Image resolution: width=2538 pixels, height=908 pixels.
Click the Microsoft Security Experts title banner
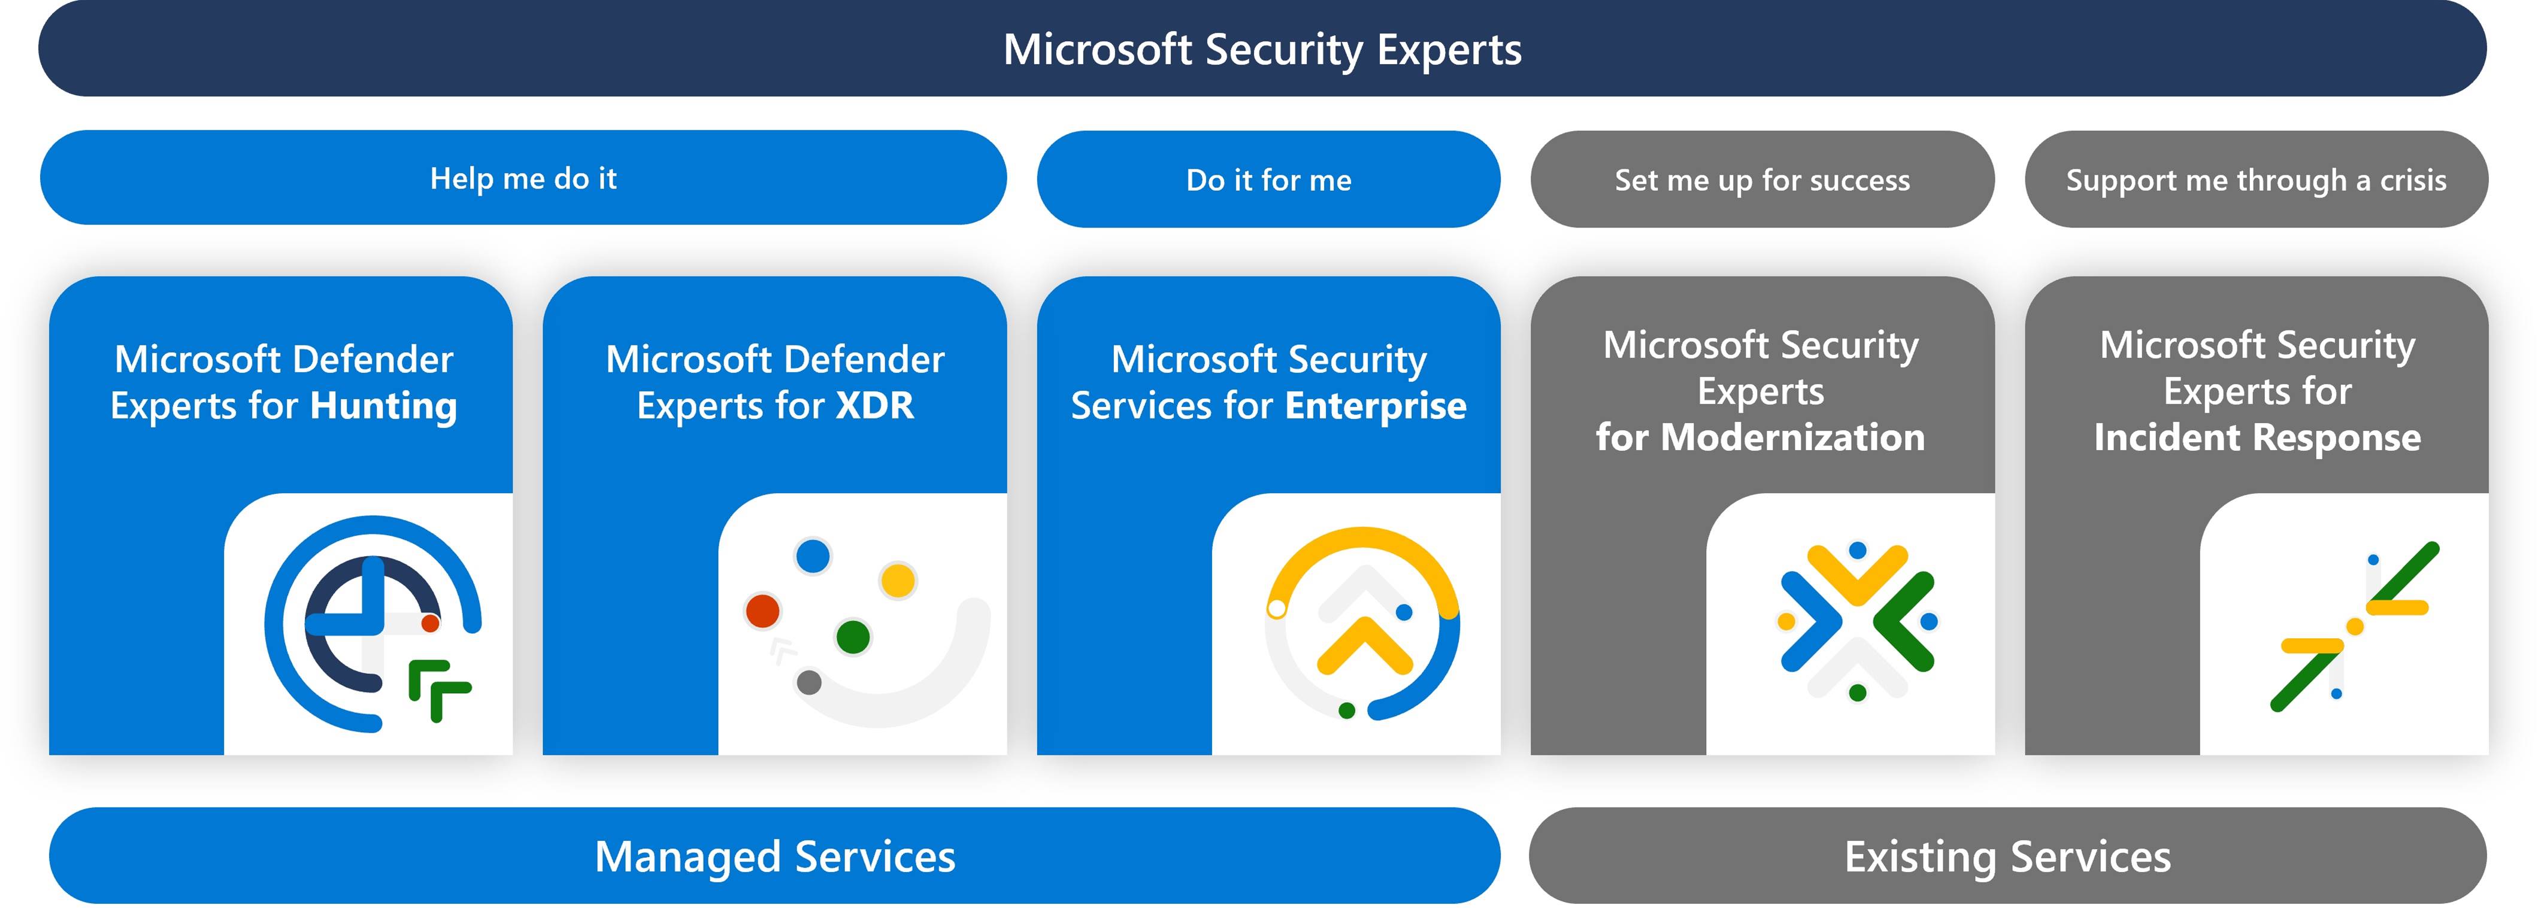point(1262,48)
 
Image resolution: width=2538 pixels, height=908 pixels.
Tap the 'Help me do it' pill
point(523,178)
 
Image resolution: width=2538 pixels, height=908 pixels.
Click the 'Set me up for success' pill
point(1762,179)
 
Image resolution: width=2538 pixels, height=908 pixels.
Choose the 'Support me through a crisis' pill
point(2256,179)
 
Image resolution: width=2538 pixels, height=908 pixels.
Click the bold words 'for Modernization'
point(1761,438)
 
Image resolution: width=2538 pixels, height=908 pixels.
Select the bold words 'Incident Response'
point(2257,438)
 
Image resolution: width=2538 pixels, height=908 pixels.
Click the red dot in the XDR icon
point(762,611)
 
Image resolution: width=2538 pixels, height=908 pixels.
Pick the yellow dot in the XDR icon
point(898,580)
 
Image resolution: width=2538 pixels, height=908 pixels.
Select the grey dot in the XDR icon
point(809,682)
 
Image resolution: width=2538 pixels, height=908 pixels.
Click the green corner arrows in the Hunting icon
point(440,690)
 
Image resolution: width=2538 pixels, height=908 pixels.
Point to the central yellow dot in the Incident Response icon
point(2355,626)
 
